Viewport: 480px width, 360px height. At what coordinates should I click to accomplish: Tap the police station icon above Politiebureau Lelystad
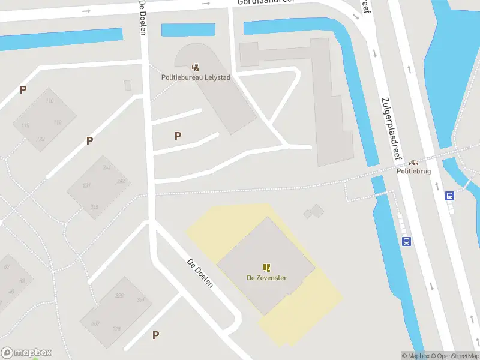tap(195, 67)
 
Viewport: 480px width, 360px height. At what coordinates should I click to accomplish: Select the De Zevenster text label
tap(266, 278)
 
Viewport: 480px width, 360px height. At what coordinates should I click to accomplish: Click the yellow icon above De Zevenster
tap(266, 267)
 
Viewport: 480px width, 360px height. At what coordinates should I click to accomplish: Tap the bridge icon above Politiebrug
tap(413, 162)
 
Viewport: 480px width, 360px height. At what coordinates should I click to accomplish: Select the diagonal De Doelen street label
tap(200, 274)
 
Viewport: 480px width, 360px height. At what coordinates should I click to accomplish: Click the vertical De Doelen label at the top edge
tap(143, 17)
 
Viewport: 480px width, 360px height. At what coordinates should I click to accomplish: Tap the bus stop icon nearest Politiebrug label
tap(449, 195)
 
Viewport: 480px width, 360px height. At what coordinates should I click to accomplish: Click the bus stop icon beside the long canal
tap(406, 242)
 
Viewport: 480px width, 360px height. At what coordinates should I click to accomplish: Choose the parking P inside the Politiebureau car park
tap(178, 136)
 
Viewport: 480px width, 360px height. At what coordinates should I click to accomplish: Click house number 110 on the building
tap(49, 101)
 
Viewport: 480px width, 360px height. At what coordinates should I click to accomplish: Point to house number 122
tap(40, 139)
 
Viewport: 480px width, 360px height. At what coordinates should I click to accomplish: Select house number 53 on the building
tap(22, 281)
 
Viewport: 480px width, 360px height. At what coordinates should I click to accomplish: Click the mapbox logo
tap(26, 353)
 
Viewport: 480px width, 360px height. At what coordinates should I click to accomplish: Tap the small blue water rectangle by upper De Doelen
tap(188, 29)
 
